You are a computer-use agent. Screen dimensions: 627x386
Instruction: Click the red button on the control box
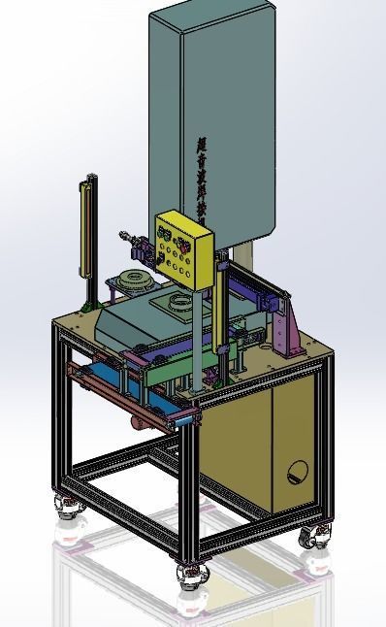pos(161,234)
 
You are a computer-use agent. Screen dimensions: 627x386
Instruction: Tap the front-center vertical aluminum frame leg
pos(190,485)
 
